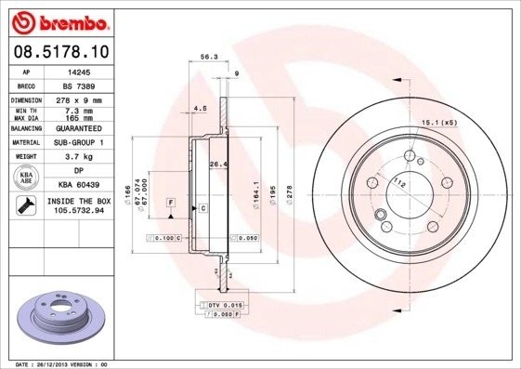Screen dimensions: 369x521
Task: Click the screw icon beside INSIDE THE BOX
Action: pyautogui.click(x=27, y=205)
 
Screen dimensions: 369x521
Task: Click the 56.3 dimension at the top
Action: pyautogui.click(x=209, y=57)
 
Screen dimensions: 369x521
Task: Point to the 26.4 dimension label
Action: pyautogui.click(x=218, y=165)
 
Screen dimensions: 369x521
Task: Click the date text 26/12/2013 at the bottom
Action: pyautogui.click(x=67, y=364)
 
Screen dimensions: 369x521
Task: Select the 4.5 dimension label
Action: pyautogui.click(x=200, y=108)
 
